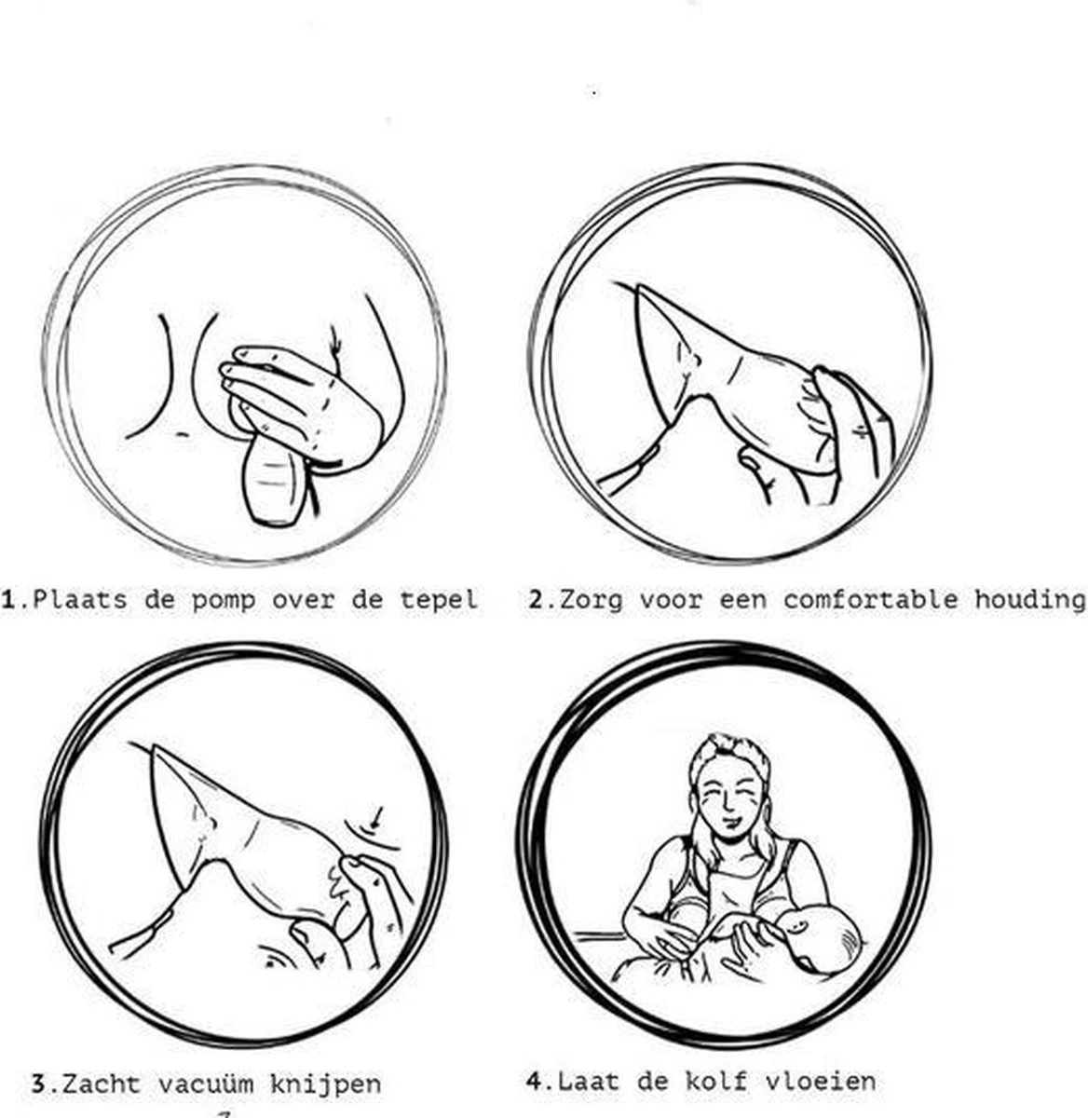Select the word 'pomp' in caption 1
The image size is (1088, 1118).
click(x=223, y=599)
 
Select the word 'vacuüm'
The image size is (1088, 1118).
click(x=205, y=1084)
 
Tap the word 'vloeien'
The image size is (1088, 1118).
click(x=821, y=1081)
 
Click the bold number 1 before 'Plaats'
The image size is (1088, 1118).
click(x=10, y=599)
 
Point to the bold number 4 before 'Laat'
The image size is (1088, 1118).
click(x=534, y=1081)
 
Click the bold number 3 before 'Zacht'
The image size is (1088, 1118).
click(x=38, y=1084)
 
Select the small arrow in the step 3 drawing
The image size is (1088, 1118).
click(x=374, y=818)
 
